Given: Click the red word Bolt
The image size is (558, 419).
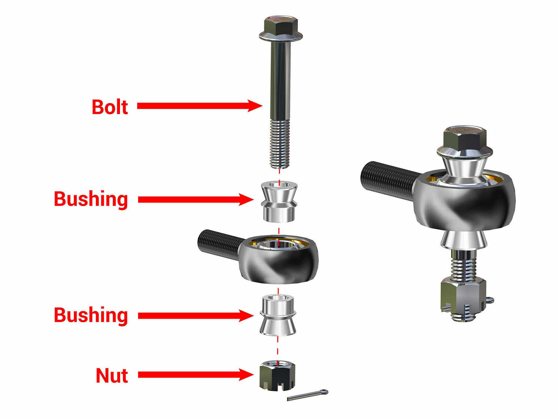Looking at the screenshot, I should pyautogui.click(x=110, y=107).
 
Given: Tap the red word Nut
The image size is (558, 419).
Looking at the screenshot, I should pyautogui.click(x=112, y=376).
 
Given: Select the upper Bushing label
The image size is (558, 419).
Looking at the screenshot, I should pyautogui.click(x=91, y=199).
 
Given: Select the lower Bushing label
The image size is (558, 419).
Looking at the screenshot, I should pyautogui.click(x=91, y=315).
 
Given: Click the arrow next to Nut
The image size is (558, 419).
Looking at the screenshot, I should pyautogui.click(x=195, y=375).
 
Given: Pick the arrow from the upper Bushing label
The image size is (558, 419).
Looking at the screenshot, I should pyautogui.click(x=195, y=200).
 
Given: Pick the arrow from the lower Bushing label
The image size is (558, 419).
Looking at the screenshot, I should pyautogui.click(x=195, y=316).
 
